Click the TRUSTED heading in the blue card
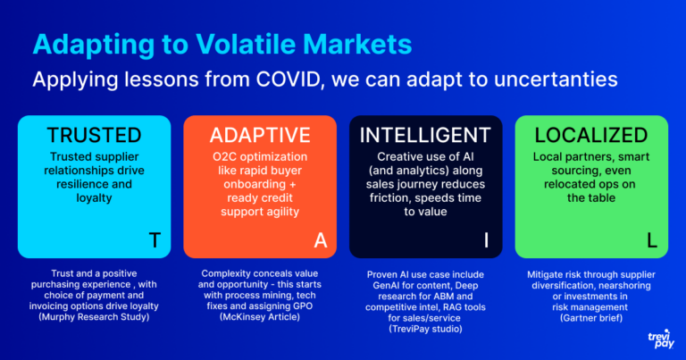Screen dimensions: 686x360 click(x=94, y=135)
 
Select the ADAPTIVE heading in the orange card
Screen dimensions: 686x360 click(x=260, y=135)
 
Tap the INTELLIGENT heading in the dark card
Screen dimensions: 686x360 click(x=425, y=135)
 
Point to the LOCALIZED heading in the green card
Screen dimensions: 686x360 click(x=591, y=135)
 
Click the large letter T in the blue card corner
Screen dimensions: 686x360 click(x=155, y=240)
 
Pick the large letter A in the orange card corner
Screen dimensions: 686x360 click(x=321, y=240)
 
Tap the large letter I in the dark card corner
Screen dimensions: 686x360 click(x=486, y=240)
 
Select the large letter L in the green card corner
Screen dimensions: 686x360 click(x=652, y=240)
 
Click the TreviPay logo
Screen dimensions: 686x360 click(x=661, y=339)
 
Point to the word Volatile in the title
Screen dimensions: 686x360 click(x=246, y=44)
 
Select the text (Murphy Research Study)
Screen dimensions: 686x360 click(x=94, y=317)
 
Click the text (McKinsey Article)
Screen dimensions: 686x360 click(x=260, y=317)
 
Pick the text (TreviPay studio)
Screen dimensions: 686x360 click(x=425, y=329)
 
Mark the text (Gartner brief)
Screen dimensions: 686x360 click(x=591, y=318)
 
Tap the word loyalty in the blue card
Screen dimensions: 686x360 click(x=94, y=198)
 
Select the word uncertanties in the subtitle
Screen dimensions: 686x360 click(x=556, y=80)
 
